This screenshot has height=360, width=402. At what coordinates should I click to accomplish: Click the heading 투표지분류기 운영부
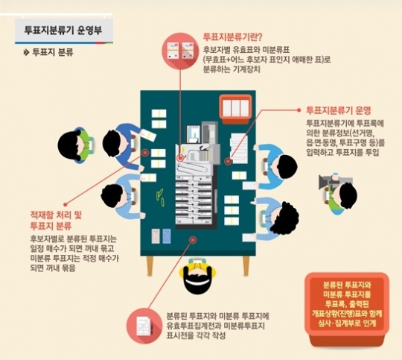pos(63,30)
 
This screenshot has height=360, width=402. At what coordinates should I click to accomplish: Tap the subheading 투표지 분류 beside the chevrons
pos(53,52)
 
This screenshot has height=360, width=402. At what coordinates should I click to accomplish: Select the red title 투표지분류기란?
pos(232,37)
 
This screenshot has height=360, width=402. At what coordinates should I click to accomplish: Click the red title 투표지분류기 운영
pos(339,110)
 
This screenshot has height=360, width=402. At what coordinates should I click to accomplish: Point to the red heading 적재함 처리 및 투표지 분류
pos(56,221)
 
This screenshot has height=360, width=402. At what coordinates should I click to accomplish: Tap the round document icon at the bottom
pos(144,326)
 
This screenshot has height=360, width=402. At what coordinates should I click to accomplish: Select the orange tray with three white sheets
pos(235,109)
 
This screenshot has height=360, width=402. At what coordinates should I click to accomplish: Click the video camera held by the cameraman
pos(330,181)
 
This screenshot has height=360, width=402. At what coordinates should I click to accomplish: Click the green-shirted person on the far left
pos(77,145)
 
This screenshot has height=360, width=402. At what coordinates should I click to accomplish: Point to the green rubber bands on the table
pos(160,198)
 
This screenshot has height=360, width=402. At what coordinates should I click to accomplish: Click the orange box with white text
pos(347,307)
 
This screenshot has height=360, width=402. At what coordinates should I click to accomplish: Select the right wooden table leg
pos(246,266)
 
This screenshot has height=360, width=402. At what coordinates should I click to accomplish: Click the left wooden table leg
pos(150,266)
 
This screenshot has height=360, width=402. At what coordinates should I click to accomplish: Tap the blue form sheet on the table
pos(167,236)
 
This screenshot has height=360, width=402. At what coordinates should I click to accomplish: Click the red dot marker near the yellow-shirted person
pos(193,240)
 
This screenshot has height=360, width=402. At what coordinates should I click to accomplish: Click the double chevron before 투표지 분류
pos(26,53)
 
